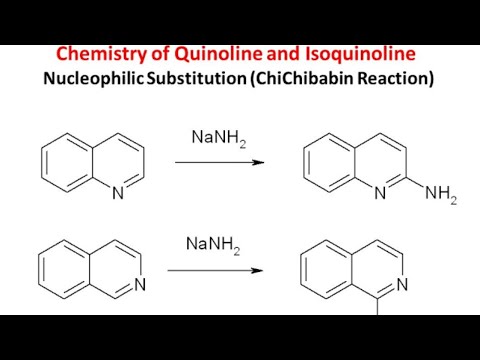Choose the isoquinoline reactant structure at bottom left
point(91,269)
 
